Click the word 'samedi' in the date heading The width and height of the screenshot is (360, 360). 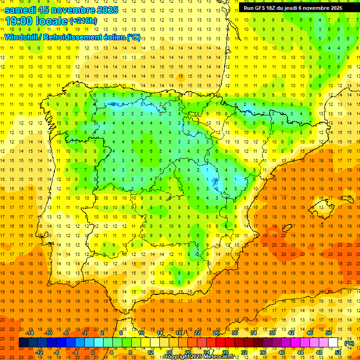(22, 10)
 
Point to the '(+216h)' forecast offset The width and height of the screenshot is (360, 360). (83, 21)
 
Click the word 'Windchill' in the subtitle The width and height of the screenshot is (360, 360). (22, 37)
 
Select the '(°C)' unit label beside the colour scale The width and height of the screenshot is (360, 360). (349, 343)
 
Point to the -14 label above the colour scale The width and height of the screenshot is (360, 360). (29, 333)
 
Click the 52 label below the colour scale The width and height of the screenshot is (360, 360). (338, 352)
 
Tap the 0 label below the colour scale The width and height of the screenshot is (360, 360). (92, 352)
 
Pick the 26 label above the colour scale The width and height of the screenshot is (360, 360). (216, 333)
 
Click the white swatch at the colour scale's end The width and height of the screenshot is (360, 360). (333, 343)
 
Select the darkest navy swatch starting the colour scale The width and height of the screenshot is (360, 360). (23, 343)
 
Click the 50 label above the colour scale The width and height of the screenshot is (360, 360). (329, 333)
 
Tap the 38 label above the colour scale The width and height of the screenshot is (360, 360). (272, 333)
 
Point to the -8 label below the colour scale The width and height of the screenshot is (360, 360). (56, 352)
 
